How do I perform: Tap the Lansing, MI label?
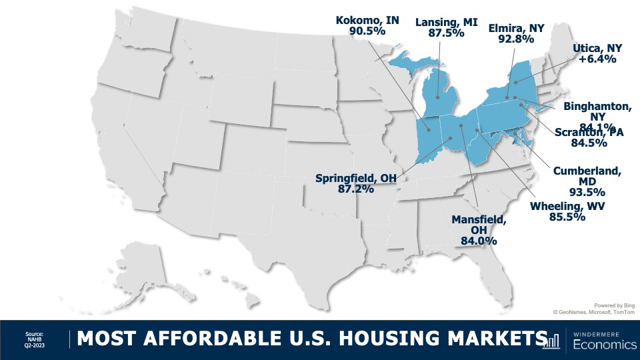pos(438,21)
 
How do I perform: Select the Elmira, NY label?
pos(515,29)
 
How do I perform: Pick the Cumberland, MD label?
pos(587,171)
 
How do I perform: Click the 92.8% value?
pos(515,39)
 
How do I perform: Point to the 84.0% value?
pos(479,241)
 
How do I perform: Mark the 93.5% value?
pos(587,194)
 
